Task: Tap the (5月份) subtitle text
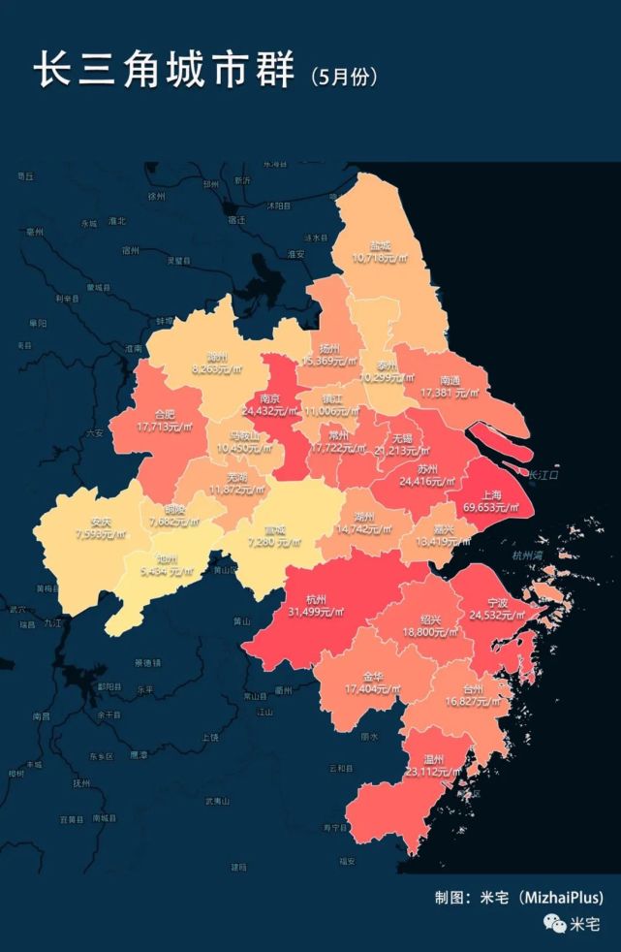344,76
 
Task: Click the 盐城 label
380,246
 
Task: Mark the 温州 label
435,758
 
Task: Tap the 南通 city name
450,380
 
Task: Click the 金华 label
373,676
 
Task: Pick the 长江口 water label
543,474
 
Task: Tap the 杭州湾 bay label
530,555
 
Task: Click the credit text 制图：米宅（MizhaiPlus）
518,898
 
